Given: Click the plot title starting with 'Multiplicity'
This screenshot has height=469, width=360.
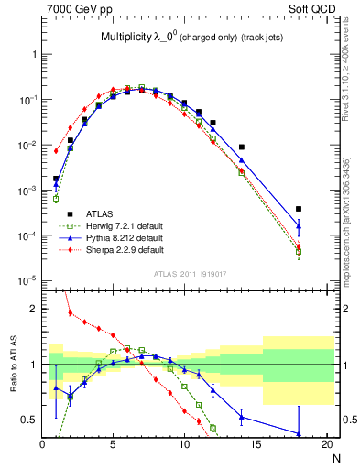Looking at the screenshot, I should [x=192, y=38].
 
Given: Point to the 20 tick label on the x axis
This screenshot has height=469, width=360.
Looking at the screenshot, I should [x=327, y=445].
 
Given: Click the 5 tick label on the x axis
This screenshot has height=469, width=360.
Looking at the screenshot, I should [x=114, y=445].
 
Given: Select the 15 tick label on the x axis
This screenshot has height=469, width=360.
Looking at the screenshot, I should [x=256, y=445].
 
